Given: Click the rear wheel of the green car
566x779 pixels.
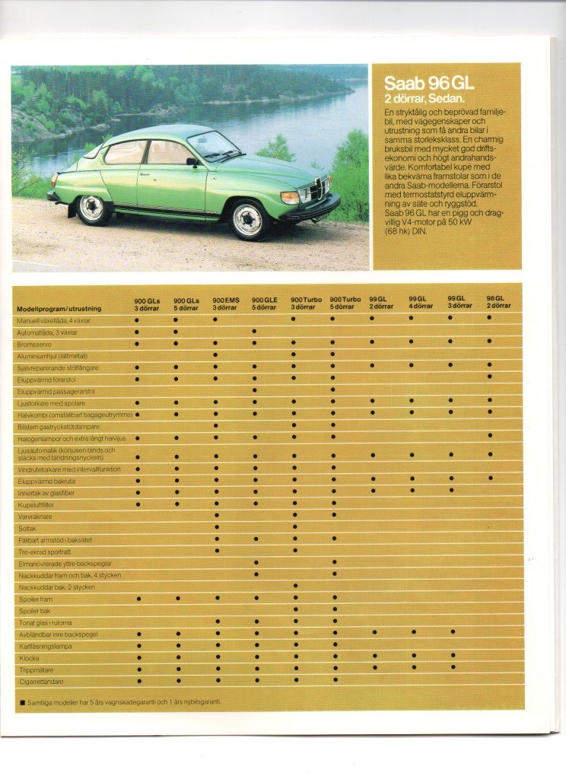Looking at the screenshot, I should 93,208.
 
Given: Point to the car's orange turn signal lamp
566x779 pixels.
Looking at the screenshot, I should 290,198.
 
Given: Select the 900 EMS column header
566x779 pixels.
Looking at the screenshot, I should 225,304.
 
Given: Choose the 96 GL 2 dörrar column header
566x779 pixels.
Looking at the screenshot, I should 499,301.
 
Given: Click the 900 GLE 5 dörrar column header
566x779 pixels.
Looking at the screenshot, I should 264,304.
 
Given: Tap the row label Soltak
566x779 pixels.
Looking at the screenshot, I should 27,527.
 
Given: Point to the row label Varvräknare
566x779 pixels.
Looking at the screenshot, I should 35,516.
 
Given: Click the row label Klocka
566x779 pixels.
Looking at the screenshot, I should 28,658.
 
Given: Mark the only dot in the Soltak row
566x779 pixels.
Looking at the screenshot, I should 216,527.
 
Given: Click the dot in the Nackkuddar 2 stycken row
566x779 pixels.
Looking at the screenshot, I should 294,586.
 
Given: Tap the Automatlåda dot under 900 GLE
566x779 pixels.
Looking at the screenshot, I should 255,332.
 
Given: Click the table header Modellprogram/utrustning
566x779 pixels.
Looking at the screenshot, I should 65,309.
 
